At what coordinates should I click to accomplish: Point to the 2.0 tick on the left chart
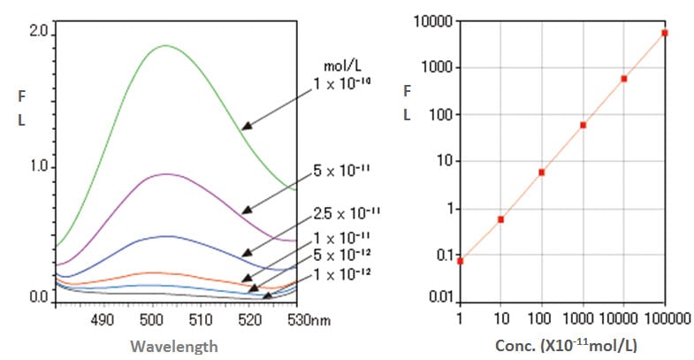pyautogui.click(x=40, y=32)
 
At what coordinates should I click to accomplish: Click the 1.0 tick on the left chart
pyautogui.click(x=40, y=167)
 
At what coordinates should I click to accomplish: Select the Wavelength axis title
pyautogui.click(x=175, y=347)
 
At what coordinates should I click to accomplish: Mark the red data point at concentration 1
pyautogui.click(x=461, y=261)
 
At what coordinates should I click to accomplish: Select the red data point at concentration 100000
pyautogui.click(x=665, y=33)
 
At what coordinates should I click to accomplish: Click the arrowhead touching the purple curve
pyautogui.click(x=246, y=210)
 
